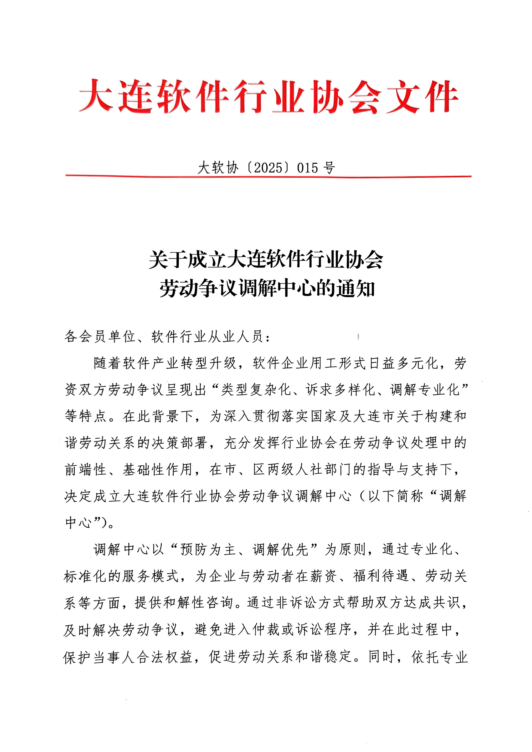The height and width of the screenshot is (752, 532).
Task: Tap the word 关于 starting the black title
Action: point(168,260)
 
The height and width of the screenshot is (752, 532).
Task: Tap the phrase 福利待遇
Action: point(381,576)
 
